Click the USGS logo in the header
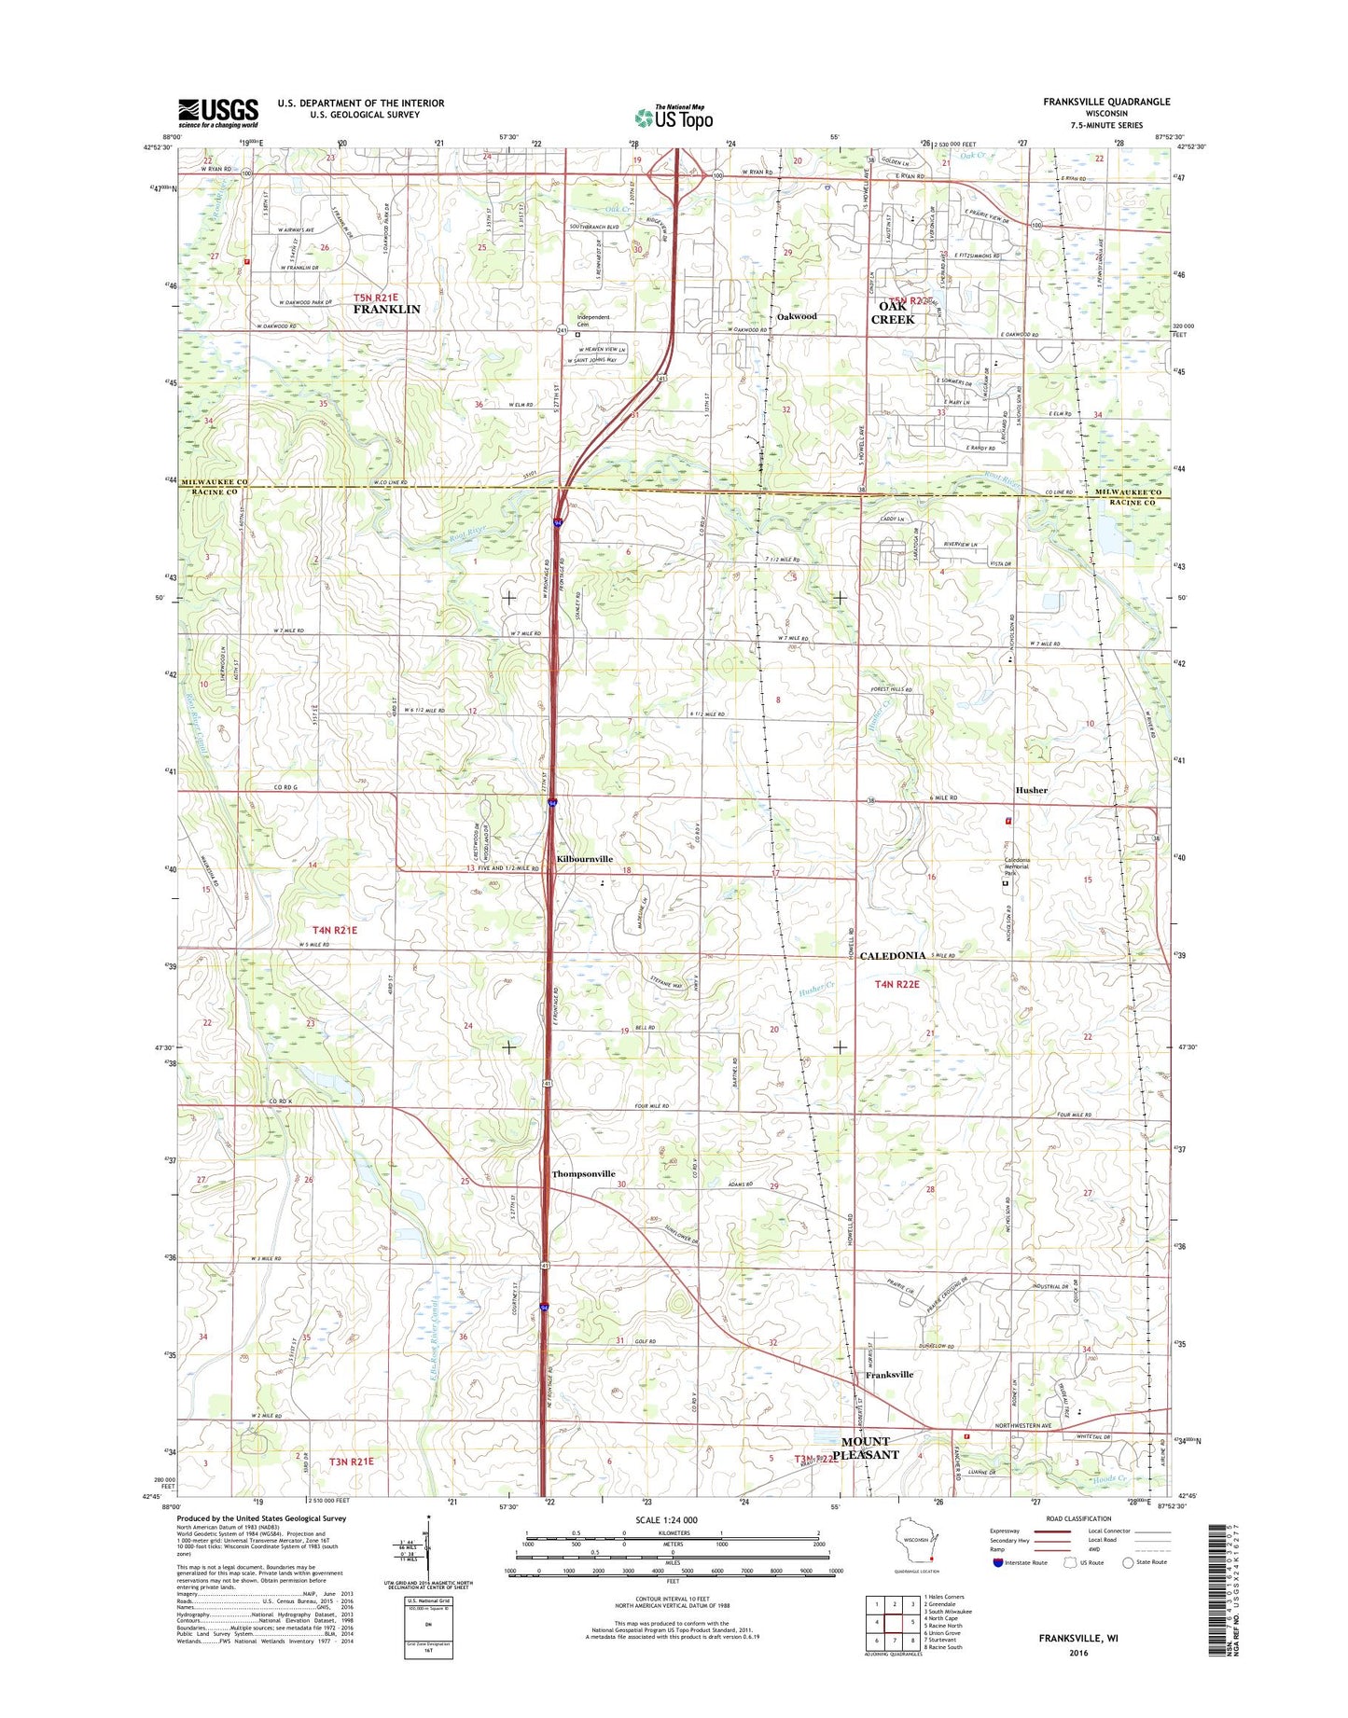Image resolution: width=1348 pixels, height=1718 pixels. (218, 113)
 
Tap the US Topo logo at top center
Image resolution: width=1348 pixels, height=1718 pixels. (674, 118)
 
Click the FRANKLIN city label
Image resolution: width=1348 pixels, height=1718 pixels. (386, 309)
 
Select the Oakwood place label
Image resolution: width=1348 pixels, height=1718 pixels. (797, 316)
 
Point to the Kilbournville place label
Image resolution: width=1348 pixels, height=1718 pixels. (585, 858)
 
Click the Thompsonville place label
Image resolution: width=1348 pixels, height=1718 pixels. (584, 1173)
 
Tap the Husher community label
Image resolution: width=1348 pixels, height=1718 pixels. (1031, 790)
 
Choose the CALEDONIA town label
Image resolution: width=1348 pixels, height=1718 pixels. (893, 956)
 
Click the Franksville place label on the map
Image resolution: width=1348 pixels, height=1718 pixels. (889, 1375)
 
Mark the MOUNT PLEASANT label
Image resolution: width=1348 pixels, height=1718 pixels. (866, 1448)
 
